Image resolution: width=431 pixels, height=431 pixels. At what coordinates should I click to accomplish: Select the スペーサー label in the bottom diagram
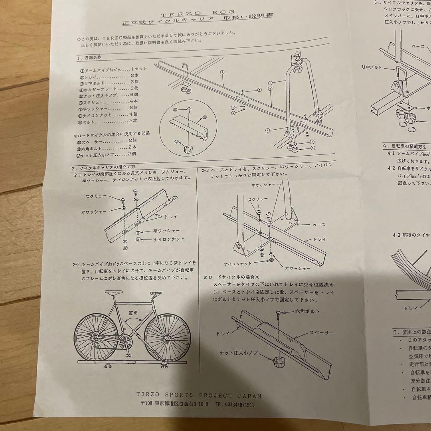point(321,332)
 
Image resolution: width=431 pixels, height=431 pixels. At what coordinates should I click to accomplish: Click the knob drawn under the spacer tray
point(279,364)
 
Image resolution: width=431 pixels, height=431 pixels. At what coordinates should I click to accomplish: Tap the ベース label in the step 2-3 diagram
point(318,225)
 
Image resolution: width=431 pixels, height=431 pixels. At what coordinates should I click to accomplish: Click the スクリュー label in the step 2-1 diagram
point(96,197)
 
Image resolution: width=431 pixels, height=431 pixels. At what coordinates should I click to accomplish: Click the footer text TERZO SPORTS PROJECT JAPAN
point(198,396)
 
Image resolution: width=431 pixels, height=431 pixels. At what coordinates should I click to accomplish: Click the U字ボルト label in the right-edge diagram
point(371,67)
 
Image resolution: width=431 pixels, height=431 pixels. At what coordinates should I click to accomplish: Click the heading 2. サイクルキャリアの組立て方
point(104,168)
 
